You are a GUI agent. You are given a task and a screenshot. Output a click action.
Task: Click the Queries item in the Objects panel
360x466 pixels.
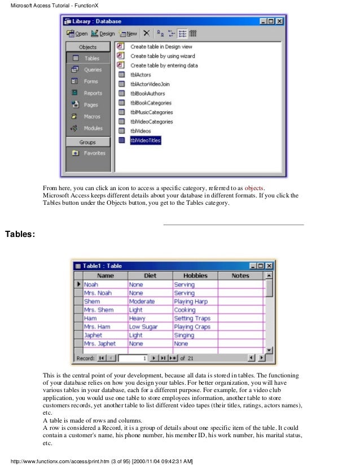coord(92,70)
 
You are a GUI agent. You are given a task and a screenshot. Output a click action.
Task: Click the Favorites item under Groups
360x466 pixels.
coord(94,153)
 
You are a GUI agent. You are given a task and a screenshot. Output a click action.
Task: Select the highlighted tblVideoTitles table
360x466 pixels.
coord(145,140)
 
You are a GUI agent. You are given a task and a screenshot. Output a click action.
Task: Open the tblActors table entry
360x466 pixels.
coord(141,75)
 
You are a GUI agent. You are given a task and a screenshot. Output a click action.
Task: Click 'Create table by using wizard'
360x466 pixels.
coord(163,56)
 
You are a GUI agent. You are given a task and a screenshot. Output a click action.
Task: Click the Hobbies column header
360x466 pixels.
coord(195,276)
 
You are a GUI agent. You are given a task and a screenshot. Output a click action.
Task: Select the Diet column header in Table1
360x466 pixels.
coord(150,276)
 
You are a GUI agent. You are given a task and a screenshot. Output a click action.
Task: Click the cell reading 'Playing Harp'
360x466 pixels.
coord(191,302)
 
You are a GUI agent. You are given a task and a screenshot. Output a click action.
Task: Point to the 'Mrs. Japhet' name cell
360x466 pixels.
coord(99,344)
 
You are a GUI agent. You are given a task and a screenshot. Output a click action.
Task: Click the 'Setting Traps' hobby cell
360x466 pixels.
coord(192,318)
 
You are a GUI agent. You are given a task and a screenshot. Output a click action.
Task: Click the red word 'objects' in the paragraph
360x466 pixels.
coord(253,188)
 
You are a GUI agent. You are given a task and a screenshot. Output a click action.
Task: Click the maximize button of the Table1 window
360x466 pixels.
coord(260,266)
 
